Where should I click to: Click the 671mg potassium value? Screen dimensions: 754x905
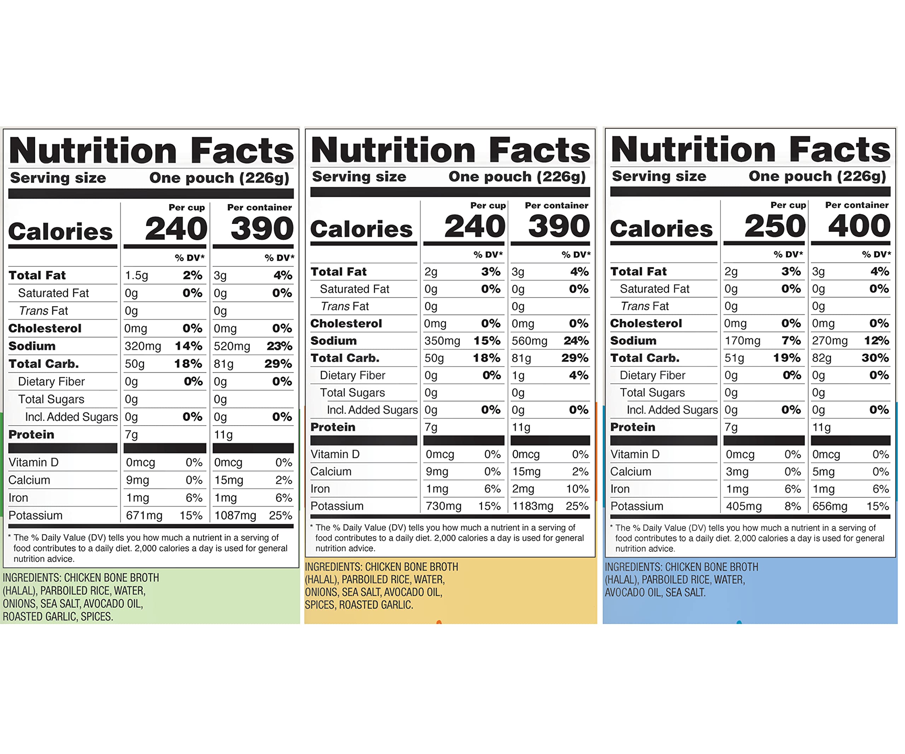144,515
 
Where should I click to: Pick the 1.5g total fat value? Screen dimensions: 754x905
136,275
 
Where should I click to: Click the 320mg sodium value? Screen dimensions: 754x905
143,346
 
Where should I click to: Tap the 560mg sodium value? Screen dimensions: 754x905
529,341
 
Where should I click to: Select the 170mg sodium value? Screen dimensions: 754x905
742,341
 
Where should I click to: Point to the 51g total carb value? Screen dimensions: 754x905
734,358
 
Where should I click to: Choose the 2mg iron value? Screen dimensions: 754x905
523,489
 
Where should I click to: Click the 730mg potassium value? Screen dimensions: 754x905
443,506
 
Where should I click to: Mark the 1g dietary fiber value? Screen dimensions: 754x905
518,375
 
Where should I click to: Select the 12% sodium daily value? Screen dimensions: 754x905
876,341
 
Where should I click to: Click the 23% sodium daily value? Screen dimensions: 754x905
279,346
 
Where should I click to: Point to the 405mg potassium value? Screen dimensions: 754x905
744,506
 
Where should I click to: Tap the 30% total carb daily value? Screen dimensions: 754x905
875,358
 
